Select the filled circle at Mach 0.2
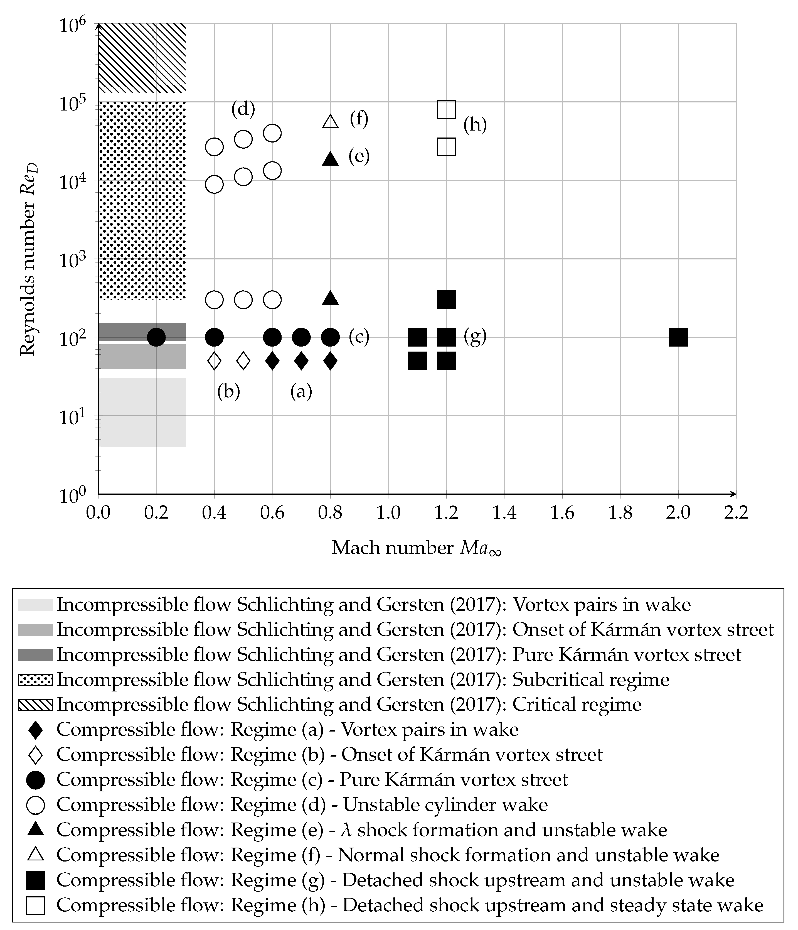[x=156, y=337]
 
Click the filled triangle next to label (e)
[x=331, y=158]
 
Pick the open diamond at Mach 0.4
[x=215, y=360]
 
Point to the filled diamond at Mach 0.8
[x=331, y=360]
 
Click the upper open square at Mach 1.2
[x=446, y=109]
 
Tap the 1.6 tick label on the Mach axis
[x=562, y=512]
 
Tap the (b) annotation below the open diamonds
[x=228, y=391]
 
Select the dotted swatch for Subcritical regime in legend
[x=35, y=680]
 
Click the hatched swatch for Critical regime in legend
[x=35, y=705]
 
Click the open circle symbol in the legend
[x=35, y=805]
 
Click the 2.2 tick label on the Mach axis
[x=736, y=512]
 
